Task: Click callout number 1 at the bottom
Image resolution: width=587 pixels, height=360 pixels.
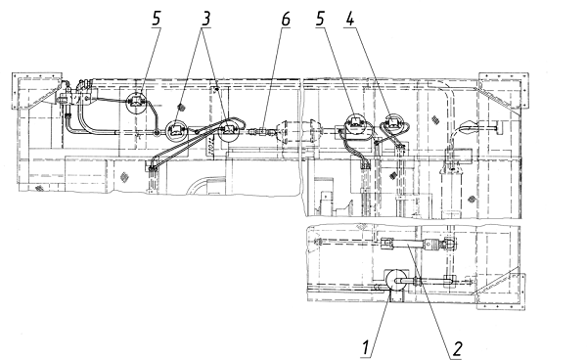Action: tap(366, 347)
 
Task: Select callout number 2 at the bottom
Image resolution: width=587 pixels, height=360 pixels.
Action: tap(457, 349)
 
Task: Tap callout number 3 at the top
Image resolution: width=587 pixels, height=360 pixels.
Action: tap(205, 19)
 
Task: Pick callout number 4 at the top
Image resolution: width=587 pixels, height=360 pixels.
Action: tap(349, 19)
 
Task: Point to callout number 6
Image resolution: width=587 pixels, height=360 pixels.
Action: tap(286, 19)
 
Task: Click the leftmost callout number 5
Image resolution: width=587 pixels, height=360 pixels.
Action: tap(157, 19)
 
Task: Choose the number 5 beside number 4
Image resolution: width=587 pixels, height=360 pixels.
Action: tap(320, 19)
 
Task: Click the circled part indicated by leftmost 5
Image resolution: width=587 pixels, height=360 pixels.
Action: tap(136, 102)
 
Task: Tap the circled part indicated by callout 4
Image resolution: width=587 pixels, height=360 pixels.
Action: tap(392, 122)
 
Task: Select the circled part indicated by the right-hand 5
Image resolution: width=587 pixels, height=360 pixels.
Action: tap(354, 123)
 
